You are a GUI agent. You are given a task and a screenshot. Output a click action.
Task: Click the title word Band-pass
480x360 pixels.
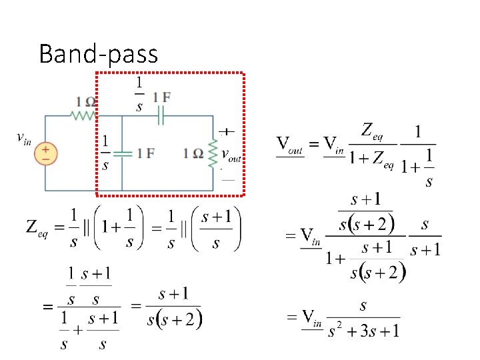pos(99,53)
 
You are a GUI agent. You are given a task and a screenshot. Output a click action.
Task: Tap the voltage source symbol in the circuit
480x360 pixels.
pos(46,154)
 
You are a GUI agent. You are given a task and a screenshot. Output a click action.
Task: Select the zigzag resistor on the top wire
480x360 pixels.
pos(84,115)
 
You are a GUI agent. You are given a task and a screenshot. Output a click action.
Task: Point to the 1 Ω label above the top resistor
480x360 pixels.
pos(86,101)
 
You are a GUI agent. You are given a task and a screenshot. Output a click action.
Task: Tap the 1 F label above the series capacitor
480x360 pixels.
pos(162,97)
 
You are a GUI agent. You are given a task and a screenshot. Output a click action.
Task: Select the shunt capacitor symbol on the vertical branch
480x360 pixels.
pos(122,154)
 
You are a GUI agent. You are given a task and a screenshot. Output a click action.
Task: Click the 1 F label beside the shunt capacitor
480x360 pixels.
pos(145,154)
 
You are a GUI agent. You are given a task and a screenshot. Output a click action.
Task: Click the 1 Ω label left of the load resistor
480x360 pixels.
pos(193,154)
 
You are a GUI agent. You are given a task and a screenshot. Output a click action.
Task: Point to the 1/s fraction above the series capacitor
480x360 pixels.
pos(139,94)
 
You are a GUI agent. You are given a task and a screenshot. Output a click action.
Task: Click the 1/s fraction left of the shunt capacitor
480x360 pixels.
pos(105,153)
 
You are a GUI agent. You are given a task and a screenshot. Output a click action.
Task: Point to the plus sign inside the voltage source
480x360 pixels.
pos(46,149)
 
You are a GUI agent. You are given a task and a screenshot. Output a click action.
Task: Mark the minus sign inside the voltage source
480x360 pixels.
pos(46,160)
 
